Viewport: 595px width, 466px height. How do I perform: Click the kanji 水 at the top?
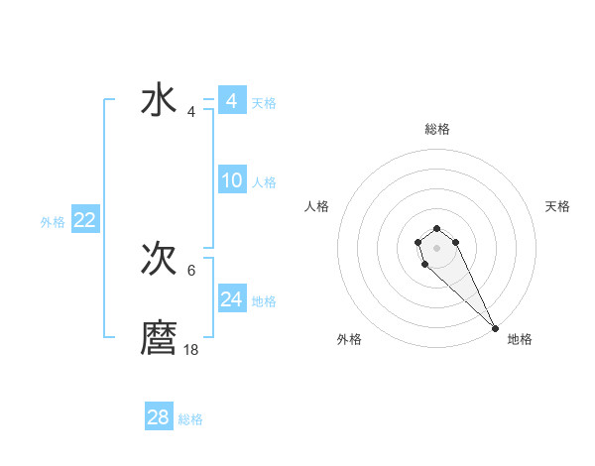pyautogui.click(x=159, y=102)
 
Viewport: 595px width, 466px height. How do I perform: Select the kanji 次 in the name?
pyautogui.click(x=159, y=260)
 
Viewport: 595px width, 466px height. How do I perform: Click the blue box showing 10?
pyautogui.click(x=232, y=180)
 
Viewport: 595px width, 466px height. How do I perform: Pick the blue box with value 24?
pyautogui.click(x=232, y=299)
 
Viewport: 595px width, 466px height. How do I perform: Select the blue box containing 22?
pyautogui.click(x=84, y=220)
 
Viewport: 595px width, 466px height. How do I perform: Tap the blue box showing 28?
pyautogui.click(x=159, y=417)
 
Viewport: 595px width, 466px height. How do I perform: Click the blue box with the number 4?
pyautogui.click(x=232, y=101)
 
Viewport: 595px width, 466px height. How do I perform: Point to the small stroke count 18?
pyautogui.click(x=191, y=350)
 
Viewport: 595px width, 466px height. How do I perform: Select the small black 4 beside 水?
pyautogui.click(x=191, y=112)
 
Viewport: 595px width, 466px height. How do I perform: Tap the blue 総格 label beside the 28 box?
pyautogui.click(x=190, y=419)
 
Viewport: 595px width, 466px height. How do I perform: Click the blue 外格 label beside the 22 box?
pyautogui.click(x=53, y=222)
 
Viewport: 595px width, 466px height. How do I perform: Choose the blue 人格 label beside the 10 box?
pyautogui.click(x=264, y=182)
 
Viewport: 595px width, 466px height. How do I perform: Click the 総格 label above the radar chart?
pyautogui.click(x=437, y=129)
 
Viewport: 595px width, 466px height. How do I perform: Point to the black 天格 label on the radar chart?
pyautogui.click(x=557, y=206)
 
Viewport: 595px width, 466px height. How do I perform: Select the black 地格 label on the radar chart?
pyautogui.click(x=520, y=340)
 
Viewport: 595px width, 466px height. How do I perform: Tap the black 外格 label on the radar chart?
pyautogui.click(x=349, y=340)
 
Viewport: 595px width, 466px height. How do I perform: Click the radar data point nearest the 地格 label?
pyautogui.click(x=495, y=328)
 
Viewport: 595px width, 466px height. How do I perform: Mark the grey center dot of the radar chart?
pyautogui.click(x=436, y=246)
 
